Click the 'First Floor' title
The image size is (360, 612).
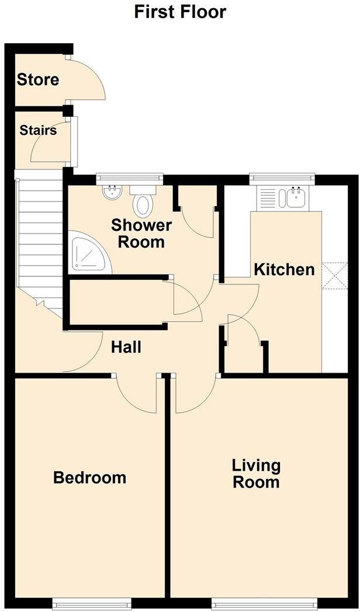tap(180, 12)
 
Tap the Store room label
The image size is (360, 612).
tap(38, 79)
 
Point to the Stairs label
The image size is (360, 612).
tap(38, 130)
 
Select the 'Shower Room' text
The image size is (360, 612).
tap(141, 234)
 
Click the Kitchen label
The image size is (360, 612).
tap(284, 269)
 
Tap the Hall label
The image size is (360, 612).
tap(126, 347)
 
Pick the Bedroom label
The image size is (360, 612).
tap(89, 477)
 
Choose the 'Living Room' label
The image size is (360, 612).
tap(256, 474)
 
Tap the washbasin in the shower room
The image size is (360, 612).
tap(111, 192)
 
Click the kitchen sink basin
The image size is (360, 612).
tap(296, 197)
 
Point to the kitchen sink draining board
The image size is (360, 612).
tap(269, 197)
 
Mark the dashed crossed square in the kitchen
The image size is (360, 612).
tap(334, 276)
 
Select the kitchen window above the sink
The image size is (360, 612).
tap(282, 178)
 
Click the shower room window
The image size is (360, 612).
tap(130, 178)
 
